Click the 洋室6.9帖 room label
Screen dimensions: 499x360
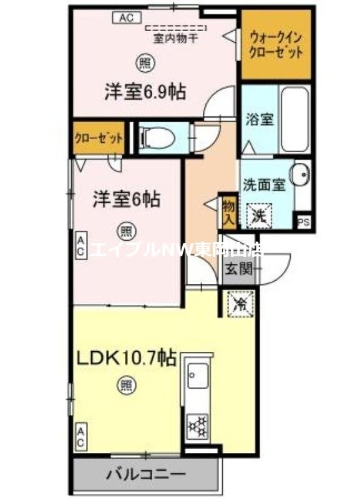(x=144, y=92)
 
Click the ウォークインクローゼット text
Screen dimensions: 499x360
(x=275, y=45)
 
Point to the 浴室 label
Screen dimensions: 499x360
(x=260, y=119)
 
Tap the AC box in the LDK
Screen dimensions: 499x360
(x=81, y=434)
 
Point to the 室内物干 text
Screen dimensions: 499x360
(x=177, y=37)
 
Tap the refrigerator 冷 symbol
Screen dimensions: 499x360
(x=240, y=304)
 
